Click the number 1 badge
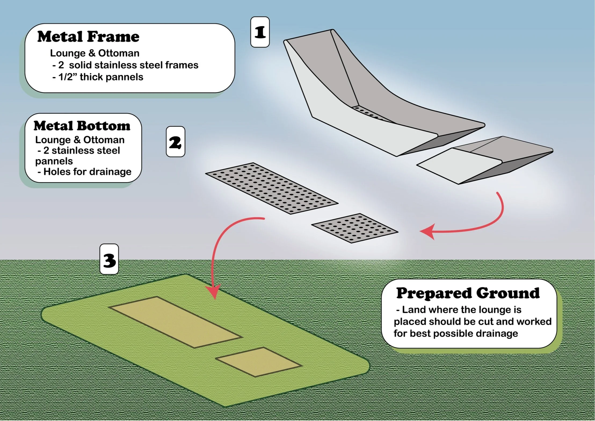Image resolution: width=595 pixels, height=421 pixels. pos(260,32)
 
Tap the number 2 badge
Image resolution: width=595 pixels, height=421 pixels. pos(175,142)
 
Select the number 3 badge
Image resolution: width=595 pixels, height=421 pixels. pos(109,260)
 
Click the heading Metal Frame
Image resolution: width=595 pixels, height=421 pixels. pos(88,37)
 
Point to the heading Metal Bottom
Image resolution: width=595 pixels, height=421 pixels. pos(82,126)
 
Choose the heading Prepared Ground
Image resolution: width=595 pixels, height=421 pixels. pos(468,293)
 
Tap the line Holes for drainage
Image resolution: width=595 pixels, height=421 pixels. pos(87,172)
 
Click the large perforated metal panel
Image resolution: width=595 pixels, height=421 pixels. pos(271,188)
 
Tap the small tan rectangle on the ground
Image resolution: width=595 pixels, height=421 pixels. pos(259,362)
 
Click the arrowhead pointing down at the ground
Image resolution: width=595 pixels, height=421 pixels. pos(214,293)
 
